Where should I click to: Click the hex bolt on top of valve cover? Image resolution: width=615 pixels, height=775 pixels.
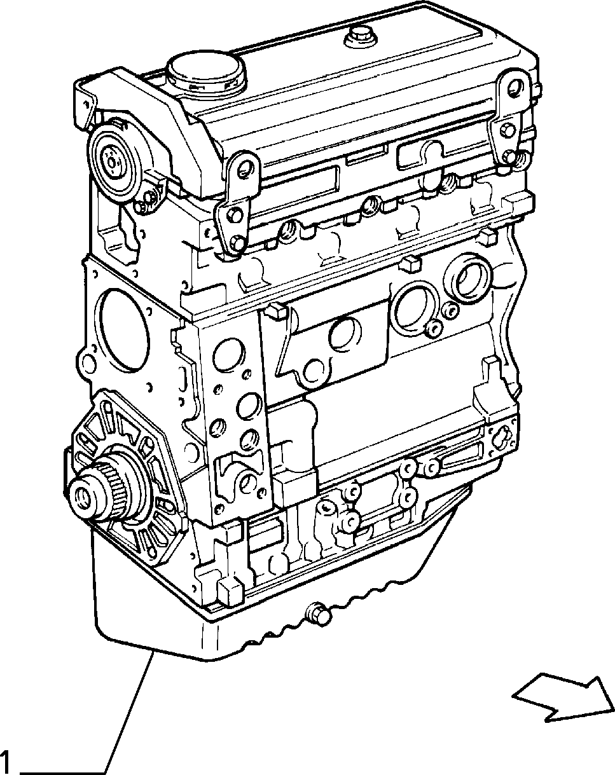pyautogui.click(x=359, y=38)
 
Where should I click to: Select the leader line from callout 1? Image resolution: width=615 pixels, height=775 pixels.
pyautogui.click(x=128, y=707)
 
